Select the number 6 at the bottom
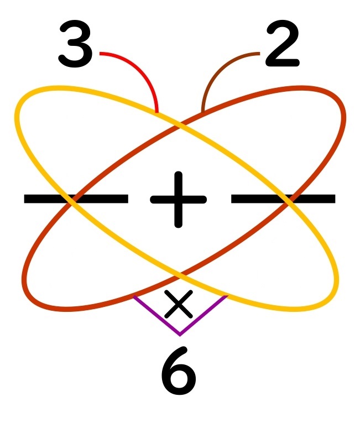tap(179, 372)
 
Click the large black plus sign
tap(178, 199)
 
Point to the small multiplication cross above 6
tap(179, 304)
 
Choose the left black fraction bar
tap(76, 199)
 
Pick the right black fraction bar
tap(283, 199)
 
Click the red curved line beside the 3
tap(138, 66)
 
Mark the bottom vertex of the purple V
tap(180, 334)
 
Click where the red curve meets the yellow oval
tap(158, 114)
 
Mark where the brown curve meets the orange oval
tap(203, 113)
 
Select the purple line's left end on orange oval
tap(134, 297)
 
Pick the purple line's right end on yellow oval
tap(226, 297)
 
